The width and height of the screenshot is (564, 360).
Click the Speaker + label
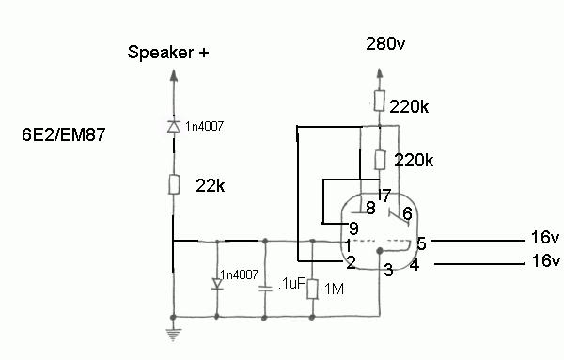168,53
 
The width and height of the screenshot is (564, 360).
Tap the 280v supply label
385,44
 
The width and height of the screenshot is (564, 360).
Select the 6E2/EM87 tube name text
63,134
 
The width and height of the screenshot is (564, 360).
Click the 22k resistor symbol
174,184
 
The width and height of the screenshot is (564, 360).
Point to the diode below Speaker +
174,127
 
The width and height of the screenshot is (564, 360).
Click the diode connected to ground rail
217,284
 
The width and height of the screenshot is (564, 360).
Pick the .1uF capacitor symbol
265,288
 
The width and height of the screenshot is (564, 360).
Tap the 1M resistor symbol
313,289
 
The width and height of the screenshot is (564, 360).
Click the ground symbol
173,335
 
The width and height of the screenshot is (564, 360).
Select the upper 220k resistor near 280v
380,101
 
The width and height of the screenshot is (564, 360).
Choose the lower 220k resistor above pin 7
380,160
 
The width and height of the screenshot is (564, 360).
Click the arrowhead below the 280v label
380,73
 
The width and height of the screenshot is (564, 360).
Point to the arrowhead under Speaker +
174,75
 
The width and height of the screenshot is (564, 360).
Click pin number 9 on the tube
353,228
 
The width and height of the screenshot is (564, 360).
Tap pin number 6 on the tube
407,213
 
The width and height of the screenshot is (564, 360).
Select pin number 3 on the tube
388,270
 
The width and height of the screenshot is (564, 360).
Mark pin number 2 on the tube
351,263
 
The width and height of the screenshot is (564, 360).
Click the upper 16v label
545,238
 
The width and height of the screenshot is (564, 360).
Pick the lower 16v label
545,260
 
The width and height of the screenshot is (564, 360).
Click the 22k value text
211,186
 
